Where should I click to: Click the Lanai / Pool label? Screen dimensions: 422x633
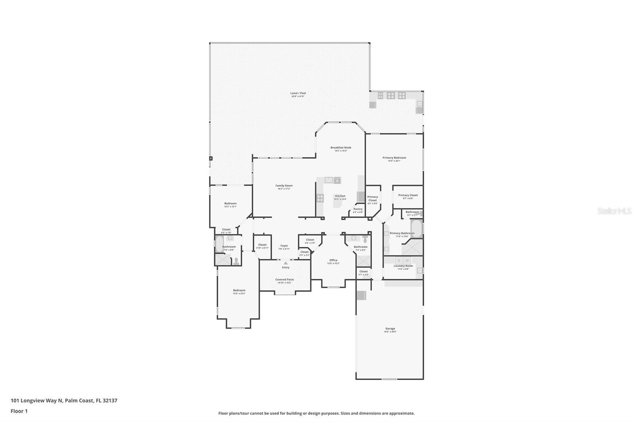[298, 93]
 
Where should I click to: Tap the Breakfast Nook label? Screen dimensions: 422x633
[341, 148]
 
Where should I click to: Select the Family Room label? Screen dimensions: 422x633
[284, 186]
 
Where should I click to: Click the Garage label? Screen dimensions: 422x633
[390, 329]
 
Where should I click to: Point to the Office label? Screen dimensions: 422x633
[333, 260]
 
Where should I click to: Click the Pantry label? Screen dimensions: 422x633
[358, 209]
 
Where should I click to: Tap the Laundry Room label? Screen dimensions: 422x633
[403, 266]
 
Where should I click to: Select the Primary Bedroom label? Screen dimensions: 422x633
[394, 158]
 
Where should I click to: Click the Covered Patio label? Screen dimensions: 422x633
[284, 279]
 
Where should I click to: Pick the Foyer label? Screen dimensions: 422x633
[284, 246]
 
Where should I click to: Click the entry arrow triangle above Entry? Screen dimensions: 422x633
[286, 263]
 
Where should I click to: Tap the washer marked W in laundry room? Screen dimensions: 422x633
[407, 260]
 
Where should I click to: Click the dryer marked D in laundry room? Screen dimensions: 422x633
[399, 260]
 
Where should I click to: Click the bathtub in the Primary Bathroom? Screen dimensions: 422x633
[417, 228]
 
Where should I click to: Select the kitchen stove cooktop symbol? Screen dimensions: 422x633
[320, 198]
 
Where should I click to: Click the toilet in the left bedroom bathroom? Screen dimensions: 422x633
[236, 261]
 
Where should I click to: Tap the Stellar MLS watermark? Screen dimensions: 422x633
[614, 211]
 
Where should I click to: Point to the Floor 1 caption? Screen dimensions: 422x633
[19, 411]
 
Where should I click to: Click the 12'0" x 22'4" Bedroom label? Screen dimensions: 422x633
[239, 291]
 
